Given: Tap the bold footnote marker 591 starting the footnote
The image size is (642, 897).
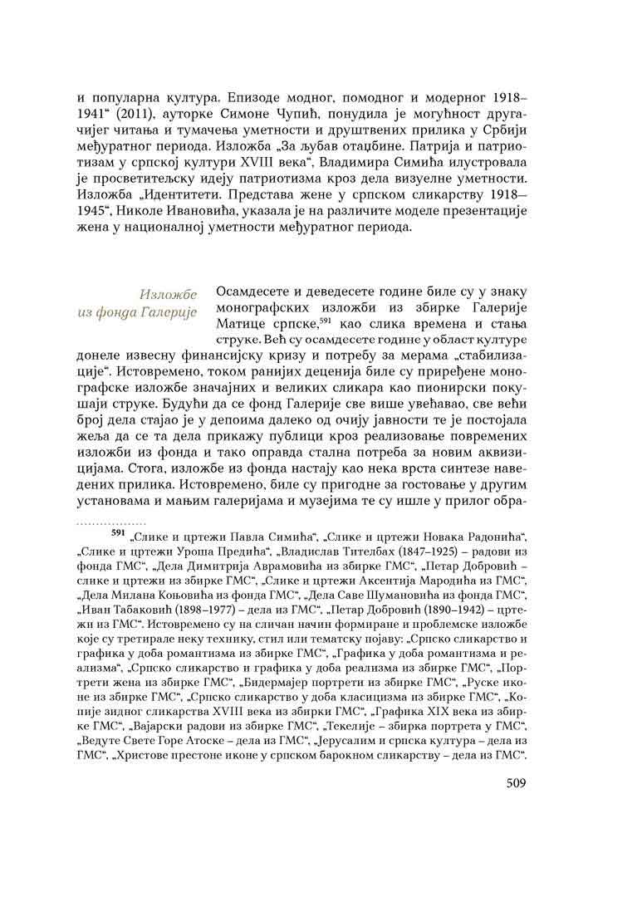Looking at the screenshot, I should pos(119,535).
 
